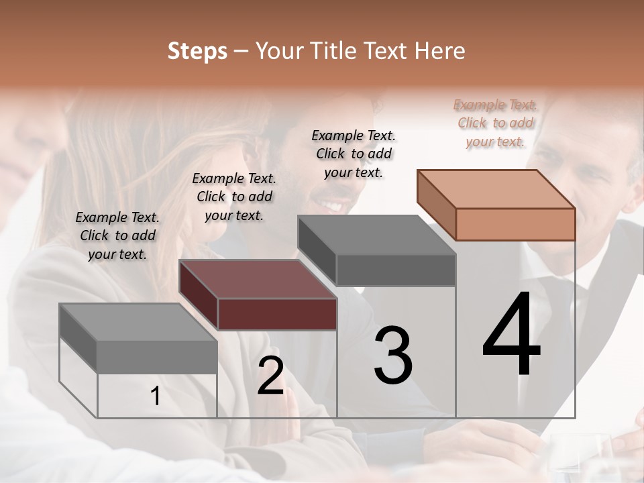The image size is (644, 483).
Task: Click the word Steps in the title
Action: [197, 51]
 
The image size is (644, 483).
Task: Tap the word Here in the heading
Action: [440, 51]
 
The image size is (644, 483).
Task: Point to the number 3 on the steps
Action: [393, 355]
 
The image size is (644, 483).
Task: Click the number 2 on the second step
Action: [270, 376]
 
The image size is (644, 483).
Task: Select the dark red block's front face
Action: [278, 314]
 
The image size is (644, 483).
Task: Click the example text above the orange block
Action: [495, 123]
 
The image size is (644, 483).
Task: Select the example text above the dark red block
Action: [234, 197]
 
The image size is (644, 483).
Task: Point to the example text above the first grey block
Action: [117, 235]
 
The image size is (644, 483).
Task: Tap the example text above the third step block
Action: [354, 154]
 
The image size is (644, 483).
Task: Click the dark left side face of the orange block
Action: [436, 205]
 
